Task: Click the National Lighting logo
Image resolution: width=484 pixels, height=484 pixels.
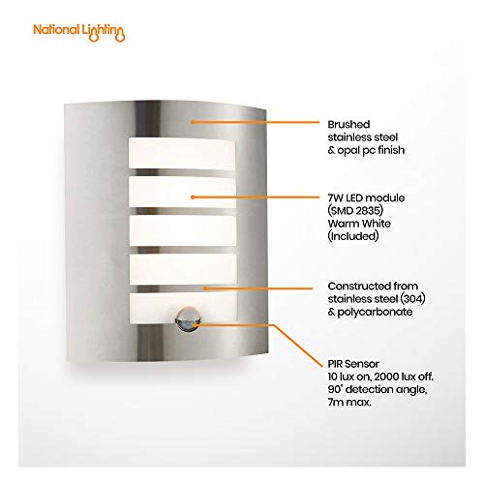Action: click(79, 33)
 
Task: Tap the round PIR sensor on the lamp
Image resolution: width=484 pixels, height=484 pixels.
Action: click(187, 318)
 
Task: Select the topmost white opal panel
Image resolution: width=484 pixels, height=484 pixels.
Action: click(182, 153)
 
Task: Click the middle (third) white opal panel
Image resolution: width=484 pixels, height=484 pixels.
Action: click(183, 230)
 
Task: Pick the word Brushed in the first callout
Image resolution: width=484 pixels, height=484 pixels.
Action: click(348, 125)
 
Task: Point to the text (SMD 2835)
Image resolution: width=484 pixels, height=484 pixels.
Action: click(355, 211)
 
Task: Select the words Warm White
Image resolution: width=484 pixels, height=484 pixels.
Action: click(359, 224)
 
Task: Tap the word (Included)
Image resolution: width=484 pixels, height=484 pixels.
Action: click(353, 236)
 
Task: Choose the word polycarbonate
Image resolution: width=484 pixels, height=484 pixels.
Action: click(375, 312)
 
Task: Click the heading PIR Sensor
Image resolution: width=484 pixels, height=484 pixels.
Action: click(353, 364)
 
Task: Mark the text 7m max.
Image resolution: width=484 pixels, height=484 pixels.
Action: click(349, 403)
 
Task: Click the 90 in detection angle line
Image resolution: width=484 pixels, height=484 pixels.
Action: click(335, 389)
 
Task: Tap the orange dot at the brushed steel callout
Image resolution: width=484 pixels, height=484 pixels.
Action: click(192, 122)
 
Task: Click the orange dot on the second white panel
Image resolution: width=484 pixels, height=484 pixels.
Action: click(193, 197)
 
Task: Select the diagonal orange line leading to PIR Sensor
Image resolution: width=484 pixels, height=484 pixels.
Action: click(297, 346)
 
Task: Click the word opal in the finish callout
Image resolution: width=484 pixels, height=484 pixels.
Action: click(348, 151)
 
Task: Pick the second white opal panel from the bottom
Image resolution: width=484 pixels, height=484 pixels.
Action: click(183, 269)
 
